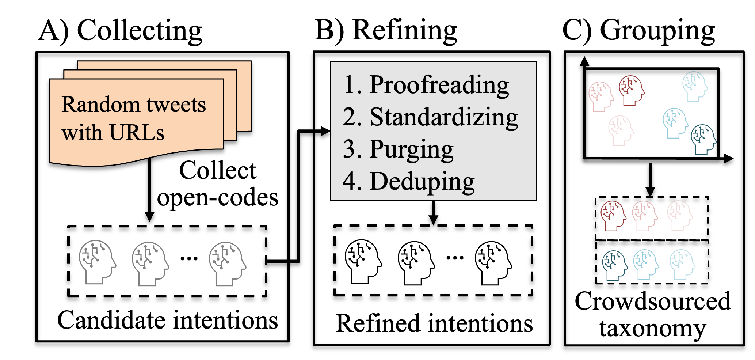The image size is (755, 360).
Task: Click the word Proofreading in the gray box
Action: point(439,85)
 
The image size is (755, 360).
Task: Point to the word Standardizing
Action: point(443,117)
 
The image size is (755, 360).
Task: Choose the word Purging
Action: point(411,149)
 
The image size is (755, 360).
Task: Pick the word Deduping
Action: point(422,181)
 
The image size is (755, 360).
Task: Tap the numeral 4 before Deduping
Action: point(350,181)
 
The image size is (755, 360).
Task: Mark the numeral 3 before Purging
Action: point(350,149)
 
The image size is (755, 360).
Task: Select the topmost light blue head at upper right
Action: point(695,86)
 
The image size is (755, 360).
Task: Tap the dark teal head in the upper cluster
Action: point(703,139)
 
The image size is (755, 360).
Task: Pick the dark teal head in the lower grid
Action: point(614,265)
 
